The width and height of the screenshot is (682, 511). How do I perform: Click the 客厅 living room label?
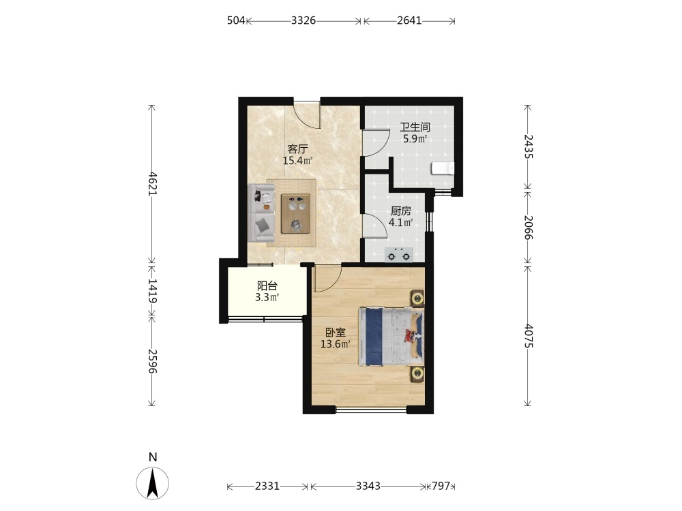(x=297, y=149)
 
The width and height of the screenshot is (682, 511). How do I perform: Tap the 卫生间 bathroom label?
(x=415, y=127)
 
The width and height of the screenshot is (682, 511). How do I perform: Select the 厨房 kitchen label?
(x=400, y=211)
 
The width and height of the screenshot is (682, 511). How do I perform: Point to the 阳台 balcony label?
(x=267, y=286)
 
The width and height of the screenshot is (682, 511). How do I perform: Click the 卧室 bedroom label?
(x=336, y=333)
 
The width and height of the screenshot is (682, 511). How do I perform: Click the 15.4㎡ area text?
(x=297, y=161)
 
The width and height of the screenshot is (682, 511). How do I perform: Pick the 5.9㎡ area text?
(x=415, y=139)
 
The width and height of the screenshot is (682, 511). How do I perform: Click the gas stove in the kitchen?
(x=399, y=255)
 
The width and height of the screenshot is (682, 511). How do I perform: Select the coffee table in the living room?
(x=296, y=214)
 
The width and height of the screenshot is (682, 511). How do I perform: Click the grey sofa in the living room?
(x=261, y=213)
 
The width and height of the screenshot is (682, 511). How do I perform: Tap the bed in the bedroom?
(x=391, y=337)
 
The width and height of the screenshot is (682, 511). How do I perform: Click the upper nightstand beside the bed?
(x=417, y=298)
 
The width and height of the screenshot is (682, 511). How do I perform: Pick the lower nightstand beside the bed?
(x=417, y=373)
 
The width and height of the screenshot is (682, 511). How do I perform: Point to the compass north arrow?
(x=153, y=483)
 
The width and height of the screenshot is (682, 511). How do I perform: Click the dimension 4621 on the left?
(x=152, y=184)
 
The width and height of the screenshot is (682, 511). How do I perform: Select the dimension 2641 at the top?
(x=409, y=20)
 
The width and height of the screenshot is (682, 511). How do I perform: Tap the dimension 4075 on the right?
(x=528, y=336)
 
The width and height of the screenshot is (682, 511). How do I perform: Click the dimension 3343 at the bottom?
(x=368, y=486)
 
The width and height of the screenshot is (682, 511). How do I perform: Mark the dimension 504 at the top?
(x=236, y=20)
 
